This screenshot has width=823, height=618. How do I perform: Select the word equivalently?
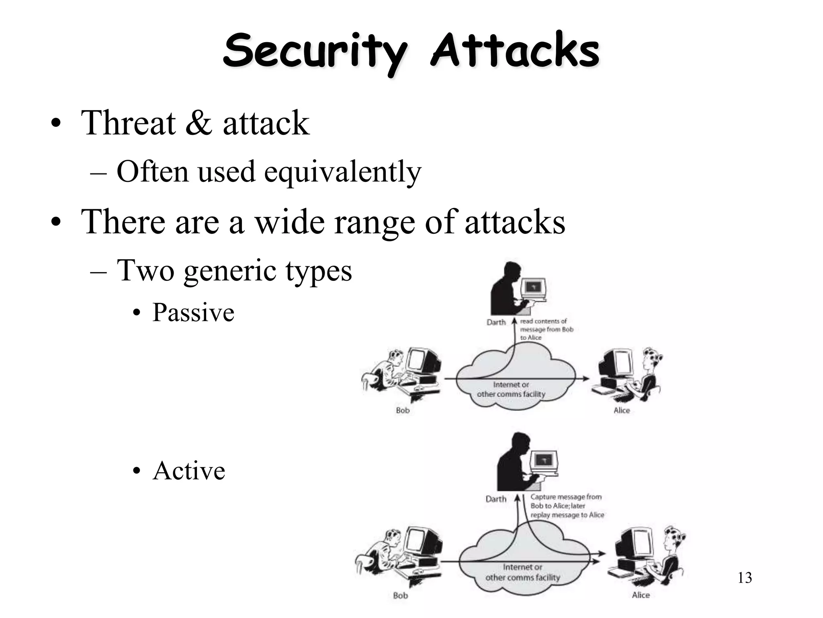[342, 172]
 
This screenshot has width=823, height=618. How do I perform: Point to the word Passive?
[193, 313]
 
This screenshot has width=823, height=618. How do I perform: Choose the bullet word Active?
[189, 471]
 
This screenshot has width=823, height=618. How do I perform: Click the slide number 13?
[745, 578]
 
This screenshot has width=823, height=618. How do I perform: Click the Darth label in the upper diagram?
[496, 322]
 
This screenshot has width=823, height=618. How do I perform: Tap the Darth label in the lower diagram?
[496, 499]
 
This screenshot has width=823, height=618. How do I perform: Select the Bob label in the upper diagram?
[402, 411]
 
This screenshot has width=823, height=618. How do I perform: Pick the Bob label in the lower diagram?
[400, 595]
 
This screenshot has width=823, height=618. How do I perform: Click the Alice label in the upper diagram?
[621, 411]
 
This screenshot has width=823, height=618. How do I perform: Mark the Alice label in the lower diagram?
[641, 595]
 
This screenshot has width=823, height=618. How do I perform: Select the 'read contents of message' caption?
[547, 330]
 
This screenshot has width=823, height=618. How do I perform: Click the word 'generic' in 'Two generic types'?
[230, 270]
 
